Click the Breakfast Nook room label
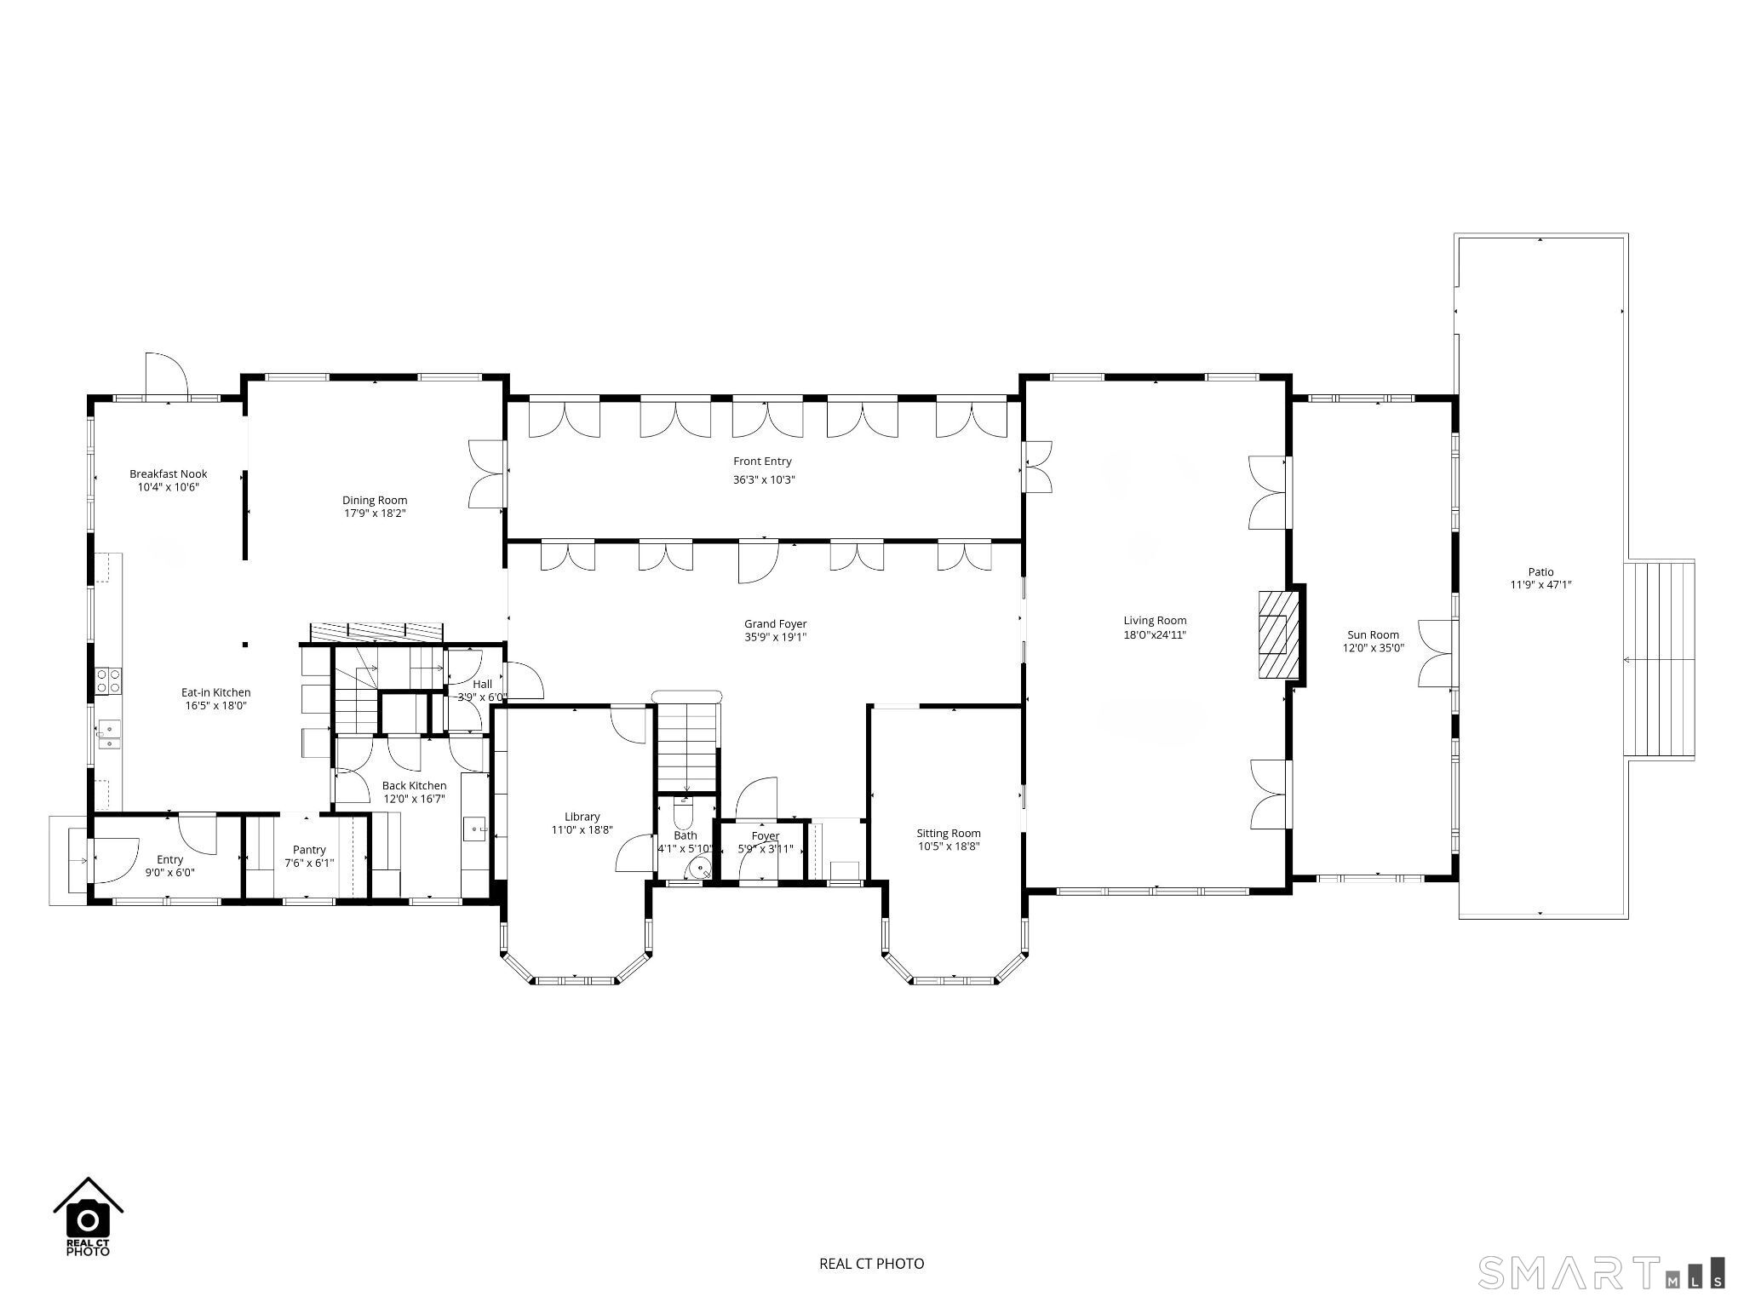point(168,473)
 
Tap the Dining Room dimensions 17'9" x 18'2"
point(374,513)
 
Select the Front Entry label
point(762,461)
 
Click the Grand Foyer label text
point(775,623)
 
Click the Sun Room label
point(1373,634)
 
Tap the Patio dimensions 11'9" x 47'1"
point(1540,585)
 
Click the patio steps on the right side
point(1660,658)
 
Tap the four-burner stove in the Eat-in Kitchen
point(108,680)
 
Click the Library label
point(582,816)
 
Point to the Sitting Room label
point(948,833)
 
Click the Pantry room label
point(309,849)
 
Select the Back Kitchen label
point(414,785)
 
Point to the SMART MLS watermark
point(1601,1272)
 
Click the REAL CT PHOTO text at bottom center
point(871,1263)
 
